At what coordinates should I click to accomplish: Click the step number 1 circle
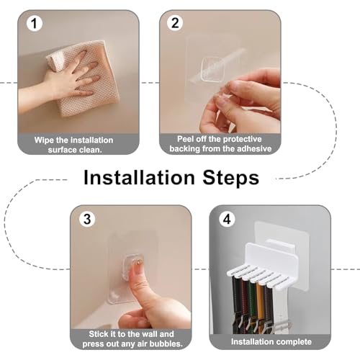click(x=35, y=24)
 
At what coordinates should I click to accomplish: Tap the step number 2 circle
click(x=175, y=23)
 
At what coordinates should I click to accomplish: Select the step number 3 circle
click(x=87, y=219)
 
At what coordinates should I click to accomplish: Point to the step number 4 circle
click(x=227, y=219)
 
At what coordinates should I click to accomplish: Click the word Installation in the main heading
click(x=139, y=178)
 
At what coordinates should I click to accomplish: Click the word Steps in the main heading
click(x=231, y=179)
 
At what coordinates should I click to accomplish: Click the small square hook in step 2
click(x=212, y=69)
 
